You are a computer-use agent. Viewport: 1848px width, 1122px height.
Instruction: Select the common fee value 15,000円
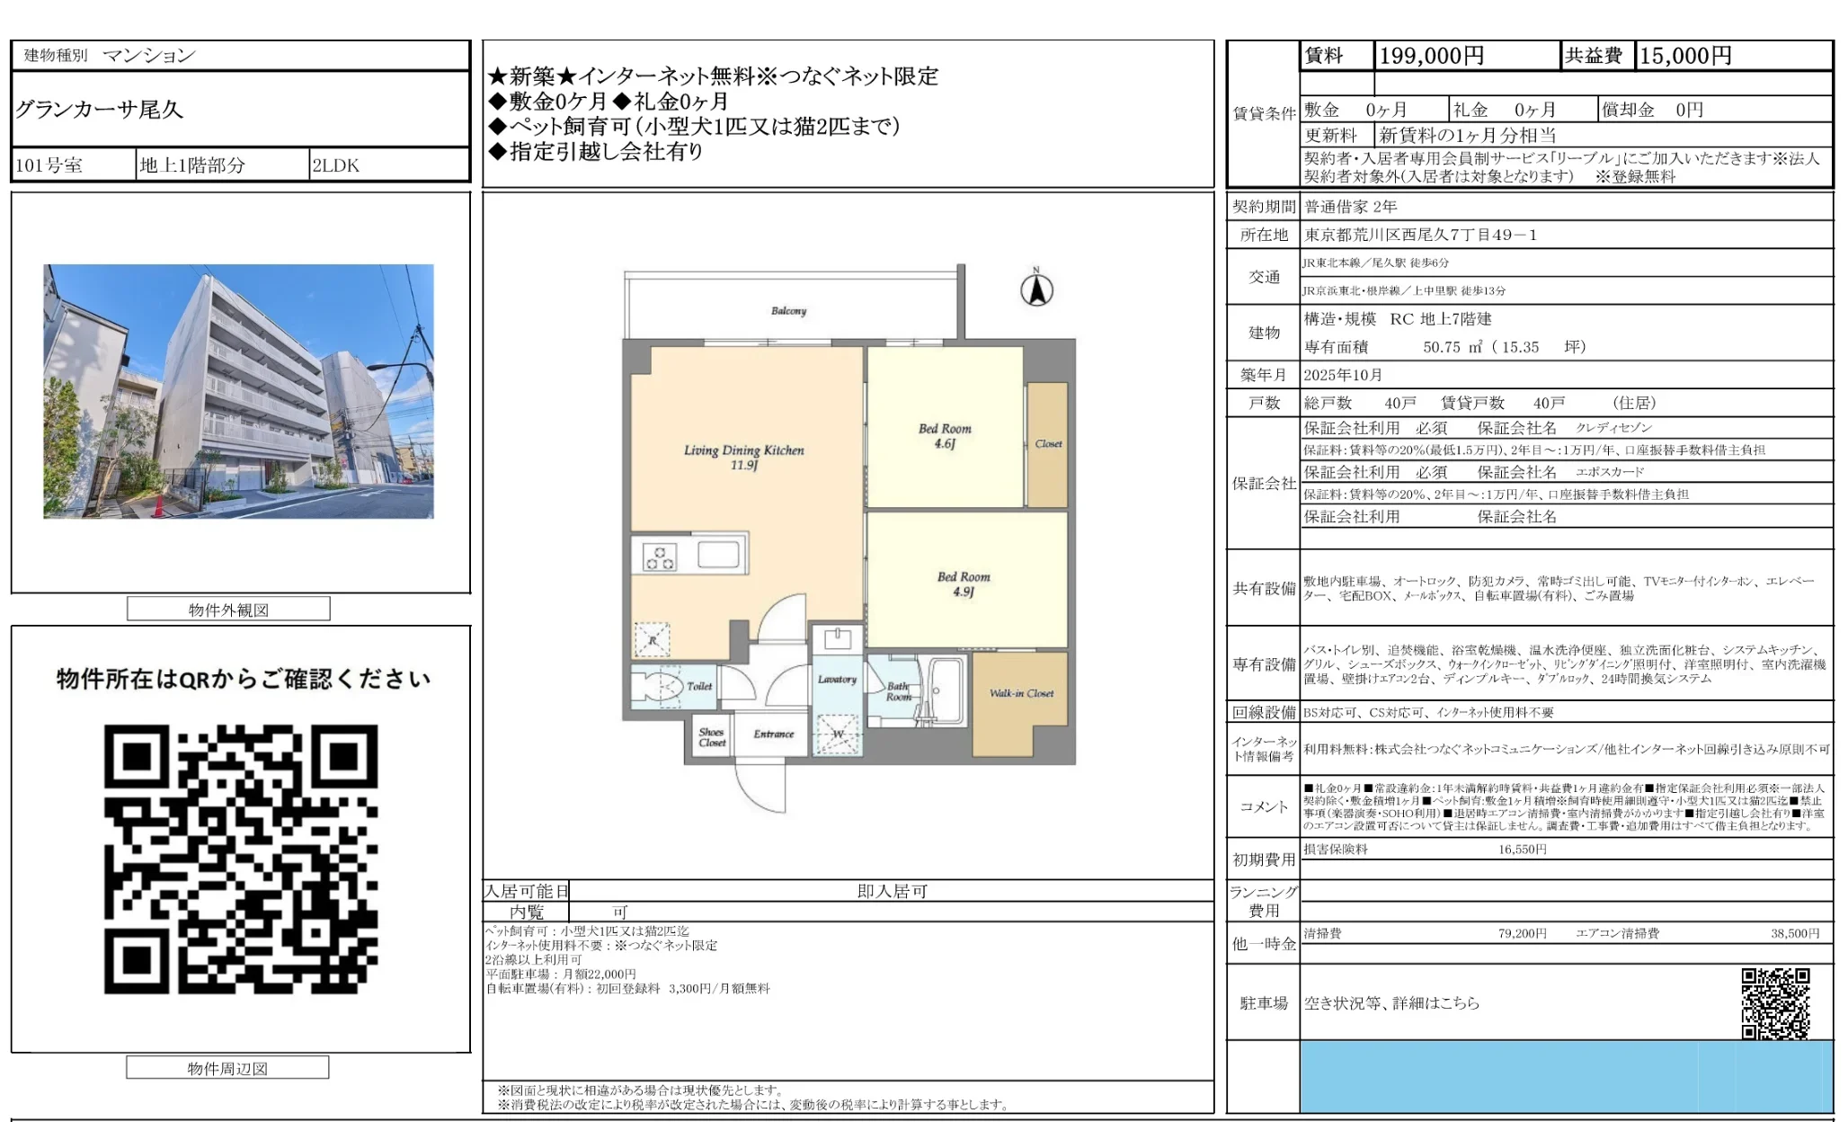(x=1685, y=56)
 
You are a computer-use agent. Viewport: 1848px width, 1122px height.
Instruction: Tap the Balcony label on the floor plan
(x=788, y=311)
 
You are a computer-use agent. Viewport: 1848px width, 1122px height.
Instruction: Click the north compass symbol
(x=1036, y=289)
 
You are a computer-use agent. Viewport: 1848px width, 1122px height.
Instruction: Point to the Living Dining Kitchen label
(x=743, y=457)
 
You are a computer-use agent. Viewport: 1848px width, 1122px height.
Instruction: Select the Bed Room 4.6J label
(x=945, y=435)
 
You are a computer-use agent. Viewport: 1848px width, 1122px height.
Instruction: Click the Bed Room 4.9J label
(x=964, y=583)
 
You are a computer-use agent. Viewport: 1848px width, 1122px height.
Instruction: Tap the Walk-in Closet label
(x=1021, y=693)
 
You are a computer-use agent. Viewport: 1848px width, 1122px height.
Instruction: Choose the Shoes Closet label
(x=711, y=737)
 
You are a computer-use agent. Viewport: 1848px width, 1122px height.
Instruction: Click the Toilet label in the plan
(x=699, y=686)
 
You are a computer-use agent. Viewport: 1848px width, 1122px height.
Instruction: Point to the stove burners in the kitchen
(x=660, y=557)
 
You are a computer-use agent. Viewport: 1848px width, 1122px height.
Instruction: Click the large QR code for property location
(x=241, y=859)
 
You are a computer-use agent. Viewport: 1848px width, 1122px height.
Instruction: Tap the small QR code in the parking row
(x=1774, y=1002)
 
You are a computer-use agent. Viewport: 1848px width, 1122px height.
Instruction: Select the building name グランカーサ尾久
(x=99, y=110)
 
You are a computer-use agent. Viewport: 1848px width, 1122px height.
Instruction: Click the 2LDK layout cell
(x=335, y=165)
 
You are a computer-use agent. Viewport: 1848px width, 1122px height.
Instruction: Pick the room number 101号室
(x=49, y=165)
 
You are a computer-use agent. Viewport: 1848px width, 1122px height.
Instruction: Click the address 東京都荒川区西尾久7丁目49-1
(x=1420, y=235)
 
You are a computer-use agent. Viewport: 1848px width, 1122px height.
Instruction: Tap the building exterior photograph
(x=238, y=391)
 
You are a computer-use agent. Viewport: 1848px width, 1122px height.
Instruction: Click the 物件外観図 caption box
(x=228, y=610)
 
